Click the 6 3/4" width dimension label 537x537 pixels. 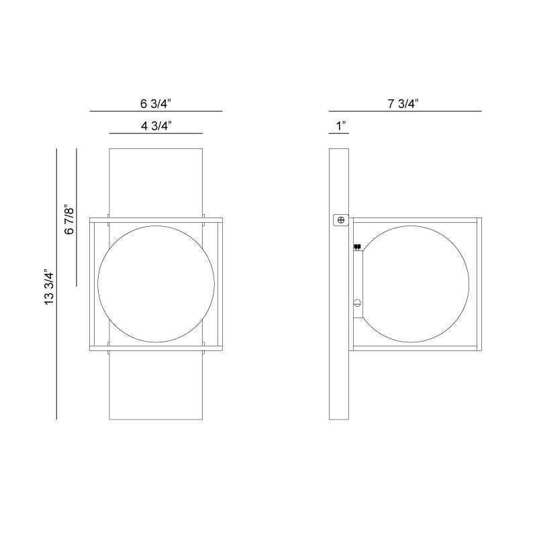point(156,103)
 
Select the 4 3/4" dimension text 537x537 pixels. point(156,126)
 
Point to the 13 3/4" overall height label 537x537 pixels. point(48,288)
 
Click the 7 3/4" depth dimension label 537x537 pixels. point(403,103)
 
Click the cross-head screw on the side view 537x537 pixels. point(340,219)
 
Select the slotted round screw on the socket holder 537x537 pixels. point(358,303)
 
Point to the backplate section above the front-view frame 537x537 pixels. point(156,181)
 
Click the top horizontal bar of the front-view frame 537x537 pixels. point(156,219)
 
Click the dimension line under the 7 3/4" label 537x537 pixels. point(405,111)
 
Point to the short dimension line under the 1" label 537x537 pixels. point(338,134)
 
